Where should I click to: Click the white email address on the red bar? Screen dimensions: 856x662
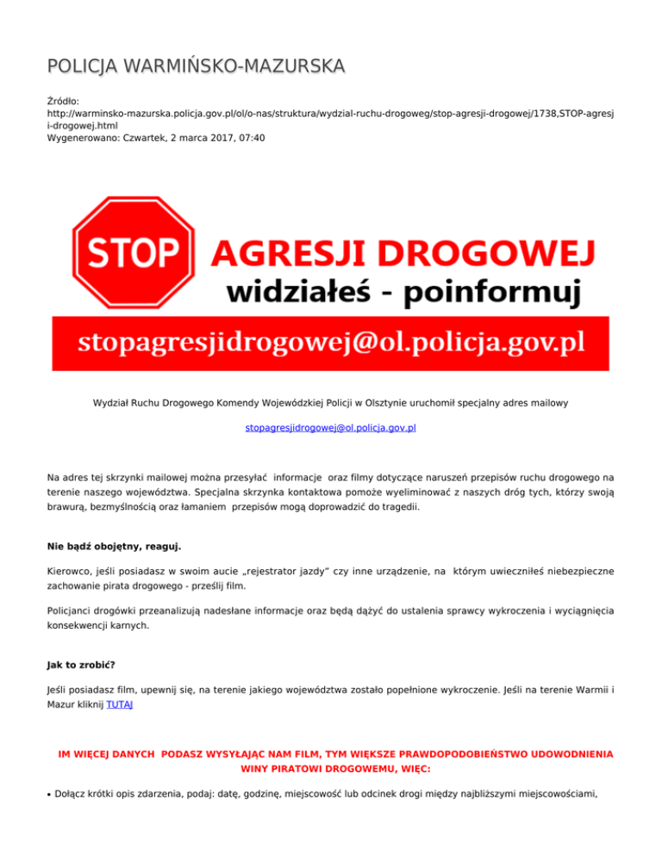331,344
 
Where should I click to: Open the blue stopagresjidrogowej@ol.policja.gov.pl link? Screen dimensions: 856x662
331,427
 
